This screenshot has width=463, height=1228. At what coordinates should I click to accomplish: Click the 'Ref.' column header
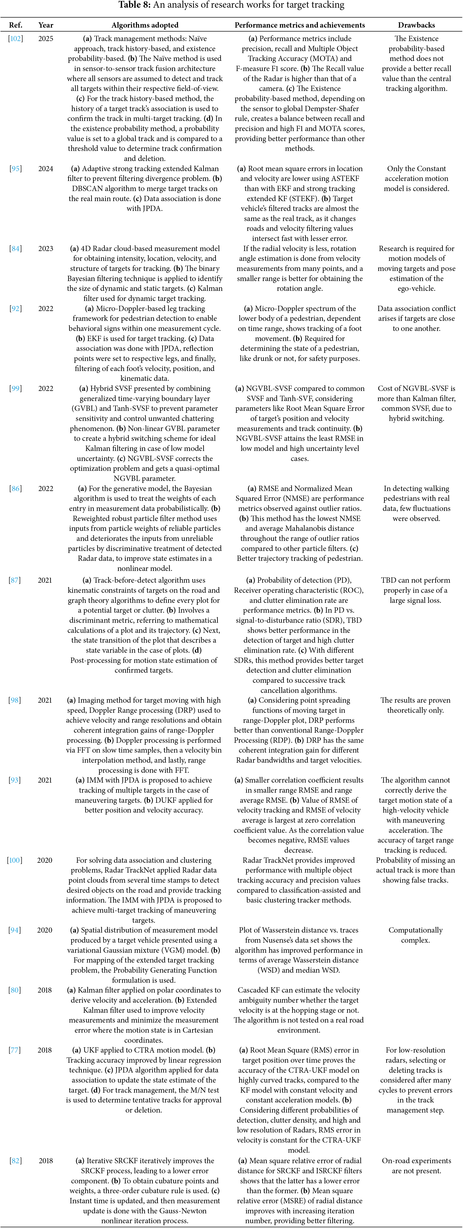16,25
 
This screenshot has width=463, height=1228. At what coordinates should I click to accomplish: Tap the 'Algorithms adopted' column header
145,25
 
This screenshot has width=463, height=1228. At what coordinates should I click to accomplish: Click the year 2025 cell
46,39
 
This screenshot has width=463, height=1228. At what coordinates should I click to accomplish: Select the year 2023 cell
46,248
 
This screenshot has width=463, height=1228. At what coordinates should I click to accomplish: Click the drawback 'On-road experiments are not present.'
416,1165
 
